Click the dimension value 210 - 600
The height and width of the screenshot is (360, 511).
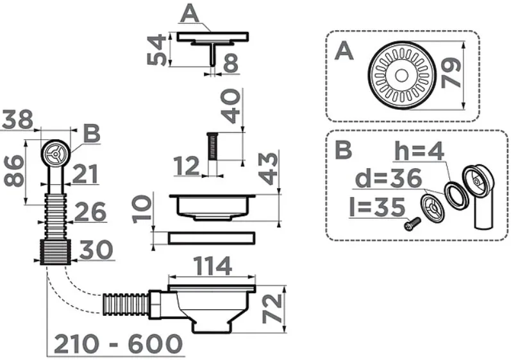pos(118,344)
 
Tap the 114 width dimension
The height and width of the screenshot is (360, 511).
pos(212,266)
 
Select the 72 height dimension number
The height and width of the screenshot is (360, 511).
pos(272,309)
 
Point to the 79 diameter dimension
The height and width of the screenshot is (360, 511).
pos(451,73)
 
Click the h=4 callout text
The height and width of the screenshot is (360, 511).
pos(419,151)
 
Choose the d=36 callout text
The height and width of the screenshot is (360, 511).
pos(389,178)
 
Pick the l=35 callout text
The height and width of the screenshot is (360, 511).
pos(377,207)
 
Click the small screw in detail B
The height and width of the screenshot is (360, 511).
pos(412,224)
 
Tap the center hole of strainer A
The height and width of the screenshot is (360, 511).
pos(401,76)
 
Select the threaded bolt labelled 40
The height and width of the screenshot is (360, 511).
pos(212,146)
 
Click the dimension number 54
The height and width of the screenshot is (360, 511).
pos(156,51)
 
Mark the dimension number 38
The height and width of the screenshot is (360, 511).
pos(17,119)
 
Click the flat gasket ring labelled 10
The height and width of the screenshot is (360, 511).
pos(212,237)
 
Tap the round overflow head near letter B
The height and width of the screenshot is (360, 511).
pos(55,153)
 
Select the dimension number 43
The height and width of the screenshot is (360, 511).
pos(268,169)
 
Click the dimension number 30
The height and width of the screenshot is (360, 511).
pos(96,250)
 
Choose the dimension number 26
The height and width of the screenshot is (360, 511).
pos(90,212)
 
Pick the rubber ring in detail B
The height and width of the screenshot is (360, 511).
pos(457,195)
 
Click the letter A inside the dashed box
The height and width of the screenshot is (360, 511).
pos(344,52)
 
